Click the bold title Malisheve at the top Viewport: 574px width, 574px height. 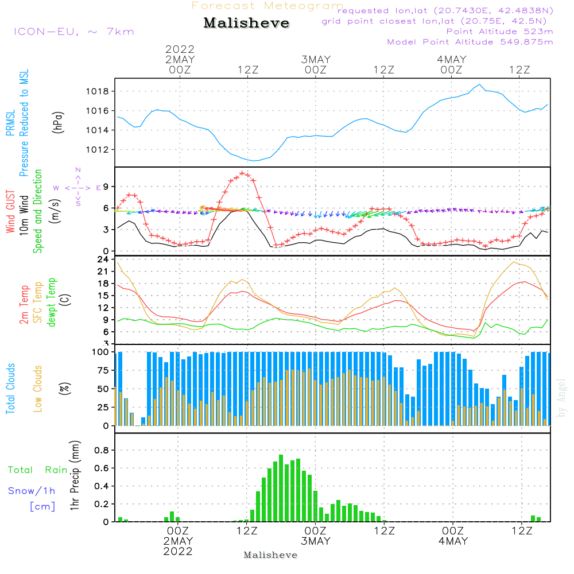(246, 24)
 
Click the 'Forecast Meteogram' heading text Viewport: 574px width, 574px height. (267, 6)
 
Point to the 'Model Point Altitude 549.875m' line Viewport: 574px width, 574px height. (470, 42)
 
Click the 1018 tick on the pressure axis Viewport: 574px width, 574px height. (99, 91)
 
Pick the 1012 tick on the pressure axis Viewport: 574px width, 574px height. (99, 150)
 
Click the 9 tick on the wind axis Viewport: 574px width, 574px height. (105, 186)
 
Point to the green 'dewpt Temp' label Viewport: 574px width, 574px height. (52, 302)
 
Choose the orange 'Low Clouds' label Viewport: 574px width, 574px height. (38, 388)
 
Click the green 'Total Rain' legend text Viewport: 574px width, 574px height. (38, 470)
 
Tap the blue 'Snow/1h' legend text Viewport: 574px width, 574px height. (32, 491)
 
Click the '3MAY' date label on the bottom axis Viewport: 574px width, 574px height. (315, 541)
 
